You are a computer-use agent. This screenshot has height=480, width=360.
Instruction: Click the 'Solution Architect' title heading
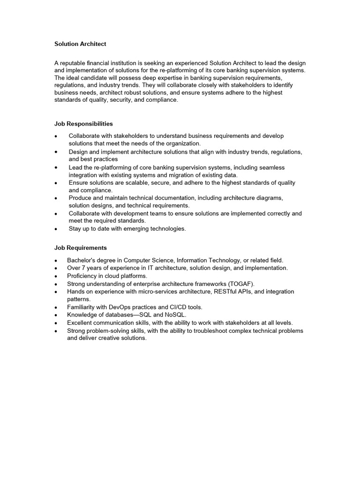click(x=80, y=44)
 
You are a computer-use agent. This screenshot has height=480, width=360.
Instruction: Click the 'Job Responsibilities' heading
click(x=83, y=124)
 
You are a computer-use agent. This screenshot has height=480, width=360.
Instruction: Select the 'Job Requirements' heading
click(x=80, y=247)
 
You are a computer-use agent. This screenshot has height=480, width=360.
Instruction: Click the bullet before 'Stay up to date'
click(x=56, y=229)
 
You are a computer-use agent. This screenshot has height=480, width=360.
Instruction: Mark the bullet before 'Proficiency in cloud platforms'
click(x=56, y=276)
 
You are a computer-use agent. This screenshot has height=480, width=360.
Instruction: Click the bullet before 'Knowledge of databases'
click(x=56, y=315)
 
